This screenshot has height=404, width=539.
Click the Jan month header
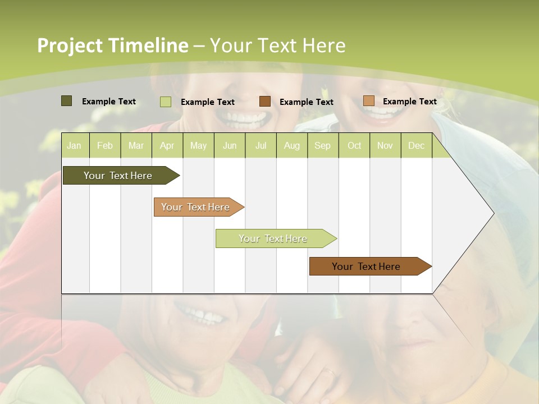pyautogui.click(x=74, y=145)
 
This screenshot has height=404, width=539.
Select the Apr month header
pyautogui.click(x=167, y=145)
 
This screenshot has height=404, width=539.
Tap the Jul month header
pyautogui.click(x=261, y=145)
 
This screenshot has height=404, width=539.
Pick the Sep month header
pyautogui.click(x=322, y=145)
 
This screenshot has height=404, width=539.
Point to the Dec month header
pyautogui.click(x=416, y=145)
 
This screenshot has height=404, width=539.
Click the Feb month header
pyautogui.click(x=105, y=145)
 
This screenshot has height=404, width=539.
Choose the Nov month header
pyautogui.click(x=385, y=145)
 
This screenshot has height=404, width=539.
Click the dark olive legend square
pyautogui.click(x=66, y=101)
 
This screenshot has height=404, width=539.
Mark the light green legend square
pyautogui.click(x=165, y=102)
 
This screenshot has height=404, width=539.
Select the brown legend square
pyautogui.click(x=265, y=102)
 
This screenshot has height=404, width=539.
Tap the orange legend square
pyautogui.click(x=368, y=101)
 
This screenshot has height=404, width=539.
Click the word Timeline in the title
pyautogui.click(x=148, y=45)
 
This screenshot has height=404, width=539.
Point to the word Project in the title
pyautogui.click(x=70, y=45)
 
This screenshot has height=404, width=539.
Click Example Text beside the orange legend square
pyautogui.click(x=409, y=101)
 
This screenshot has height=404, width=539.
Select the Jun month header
pyautogui.click(x=230, y=145)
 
